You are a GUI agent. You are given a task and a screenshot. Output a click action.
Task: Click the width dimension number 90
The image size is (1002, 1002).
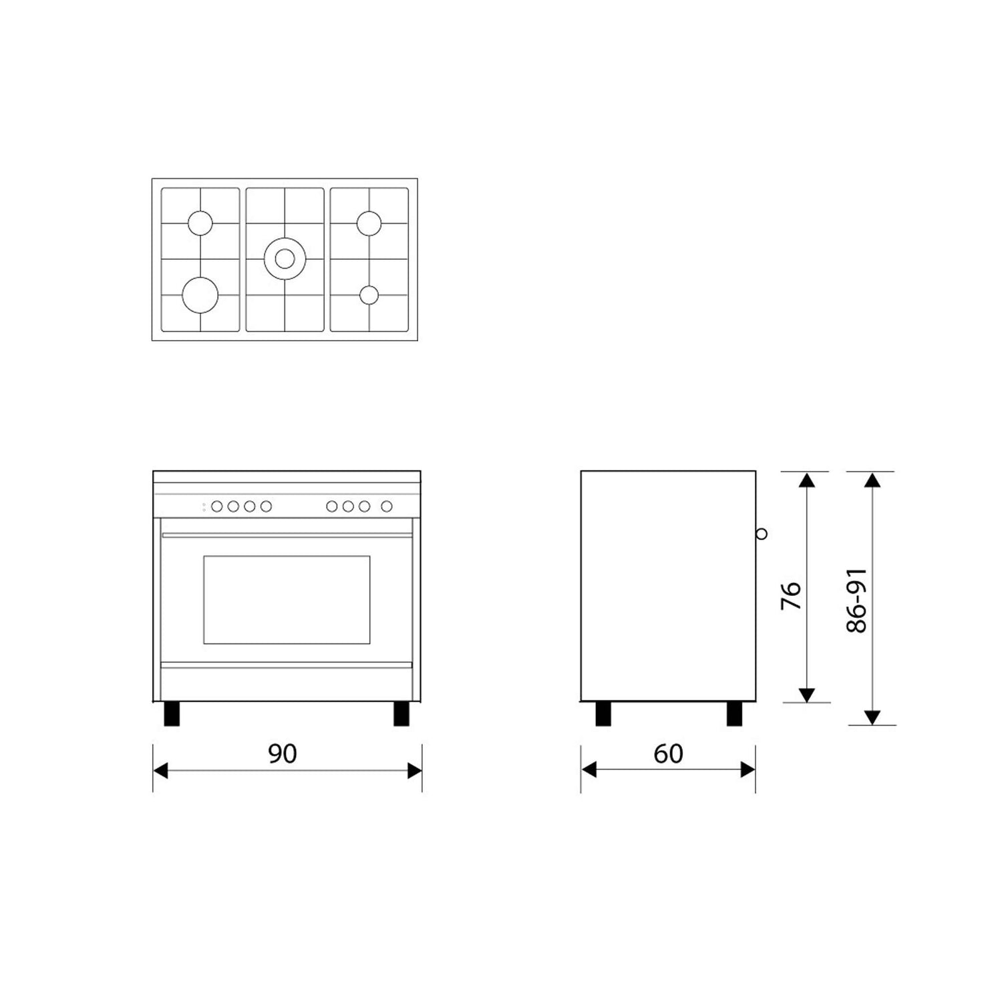tap(282, 754)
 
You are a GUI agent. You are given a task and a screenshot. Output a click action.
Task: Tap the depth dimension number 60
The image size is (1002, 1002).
tap(668, 754)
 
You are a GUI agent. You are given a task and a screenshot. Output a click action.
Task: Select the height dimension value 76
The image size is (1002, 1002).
tap(791, 595)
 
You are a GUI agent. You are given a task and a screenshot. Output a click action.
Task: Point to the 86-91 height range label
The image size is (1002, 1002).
tap(856, 601)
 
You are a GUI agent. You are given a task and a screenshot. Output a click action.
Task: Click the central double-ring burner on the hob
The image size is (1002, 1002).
tap(285, 259)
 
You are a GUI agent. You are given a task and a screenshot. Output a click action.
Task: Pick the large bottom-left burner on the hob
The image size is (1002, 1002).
tap(200, 295)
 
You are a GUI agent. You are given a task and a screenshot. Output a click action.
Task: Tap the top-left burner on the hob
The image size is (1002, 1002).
tap(200, 223)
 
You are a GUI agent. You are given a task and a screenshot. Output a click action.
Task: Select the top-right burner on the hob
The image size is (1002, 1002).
tap(369, 223)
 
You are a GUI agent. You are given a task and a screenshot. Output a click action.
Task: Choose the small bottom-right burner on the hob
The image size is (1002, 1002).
tap(369, 295)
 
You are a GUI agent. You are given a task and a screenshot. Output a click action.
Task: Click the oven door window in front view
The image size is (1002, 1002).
tap(287, 599)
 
